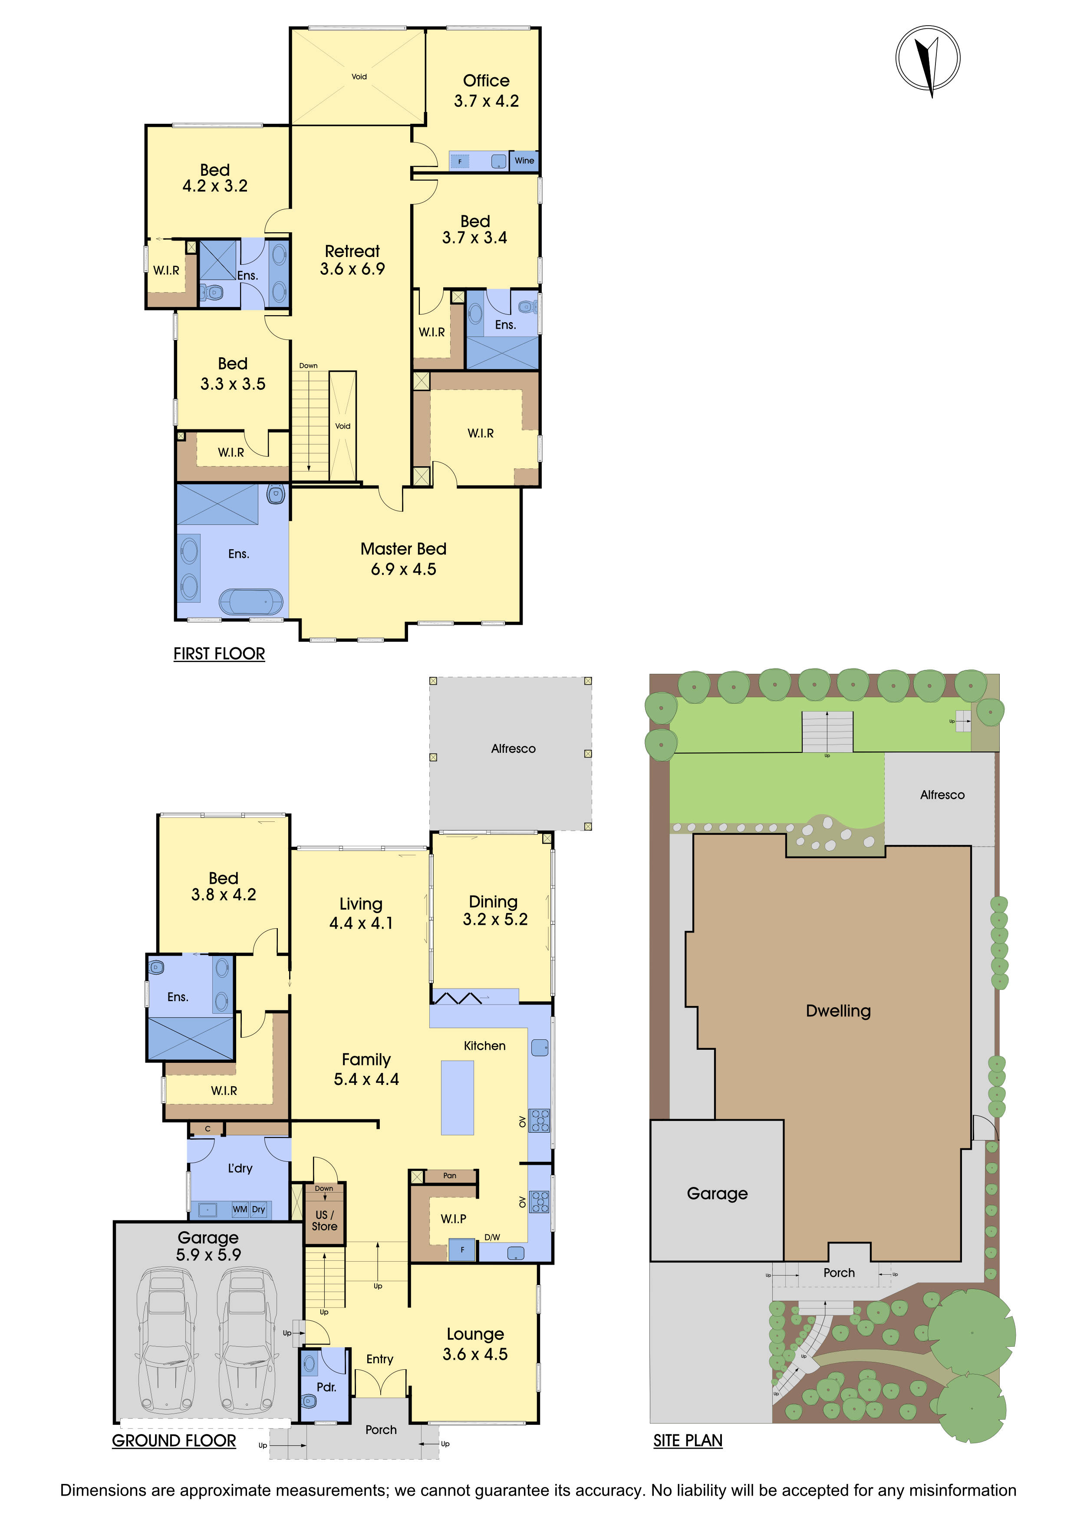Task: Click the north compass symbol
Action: [928, 58]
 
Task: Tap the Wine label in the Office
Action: [524, 161]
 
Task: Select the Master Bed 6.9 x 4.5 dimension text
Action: [403, 569]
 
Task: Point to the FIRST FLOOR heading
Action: [219, 654]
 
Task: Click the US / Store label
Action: [324, 1220]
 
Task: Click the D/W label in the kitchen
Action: [492, 1237]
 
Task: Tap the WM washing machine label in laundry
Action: [240, 1209]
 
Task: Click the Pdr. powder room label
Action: [326, 1387]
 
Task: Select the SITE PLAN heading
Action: [688, 1441]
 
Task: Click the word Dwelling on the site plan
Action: [838, 1011]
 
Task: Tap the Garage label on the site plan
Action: [717, 1193]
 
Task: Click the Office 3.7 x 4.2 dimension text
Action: [486, 101]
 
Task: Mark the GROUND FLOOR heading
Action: [174, 1441]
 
